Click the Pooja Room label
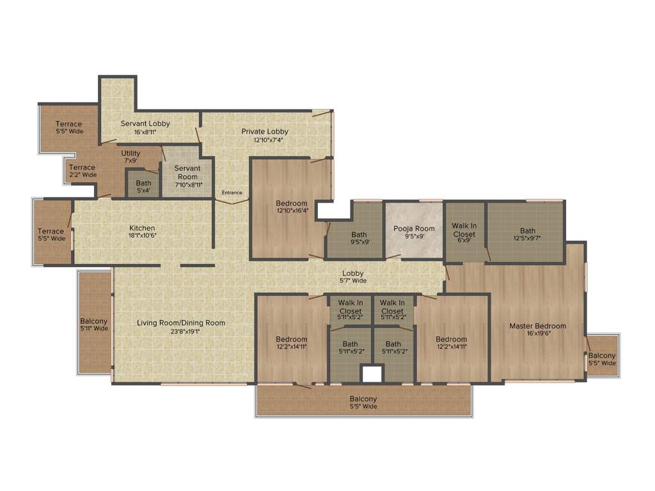(414, 229)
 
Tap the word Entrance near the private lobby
(232, 192)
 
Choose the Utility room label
(130, 153)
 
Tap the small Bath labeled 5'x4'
(143, 183)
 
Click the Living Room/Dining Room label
(181, 323)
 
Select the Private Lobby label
(265, 132)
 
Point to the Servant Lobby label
(145, 123)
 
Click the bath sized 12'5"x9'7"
(528, 231)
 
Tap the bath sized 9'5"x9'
(359, 235)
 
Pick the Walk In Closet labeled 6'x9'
(464, 230)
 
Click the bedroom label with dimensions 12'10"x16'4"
(292, 203)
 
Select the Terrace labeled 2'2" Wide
(83, 168)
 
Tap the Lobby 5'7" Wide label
(353, 274)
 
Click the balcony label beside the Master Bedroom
(602, 356)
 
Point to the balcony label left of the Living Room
(94, 322)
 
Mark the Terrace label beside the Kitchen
(51, 231)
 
